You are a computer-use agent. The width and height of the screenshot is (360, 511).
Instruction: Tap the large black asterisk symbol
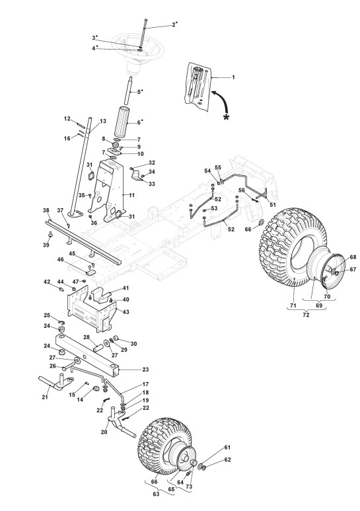pos(226,117)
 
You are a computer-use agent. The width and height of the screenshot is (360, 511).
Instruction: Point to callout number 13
pos(103,121)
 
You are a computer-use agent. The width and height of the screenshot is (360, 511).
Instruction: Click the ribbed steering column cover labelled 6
pos(122,122)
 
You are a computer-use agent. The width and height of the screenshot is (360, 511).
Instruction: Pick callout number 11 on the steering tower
pos(132,195)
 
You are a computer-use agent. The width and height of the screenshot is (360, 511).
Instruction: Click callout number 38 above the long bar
pos(46,210)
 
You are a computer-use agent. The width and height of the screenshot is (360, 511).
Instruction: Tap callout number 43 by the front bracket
pos(126,312)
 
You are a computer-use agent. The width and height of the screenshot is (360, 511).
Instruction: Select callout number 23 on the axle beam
pos(145,370)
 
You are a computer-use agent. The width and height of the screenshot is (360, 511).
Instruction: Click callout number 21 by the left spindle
pos(45,397)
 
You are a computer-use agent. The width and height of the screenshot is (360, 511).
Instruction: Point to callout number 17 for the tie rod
pos(145,384)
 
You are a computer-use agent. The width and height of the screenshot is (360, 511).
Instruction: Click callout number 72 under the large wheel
pos(306,315)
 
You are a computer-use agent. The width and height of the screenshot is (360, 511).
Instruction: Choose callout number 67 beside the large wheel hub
pos(344,269)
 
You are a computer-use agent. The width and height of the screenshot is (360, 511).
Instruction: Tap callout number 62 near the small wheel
pos(227,460)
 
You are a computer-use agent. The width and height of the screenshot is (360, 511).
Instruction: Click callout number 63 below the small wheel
pos(156,494)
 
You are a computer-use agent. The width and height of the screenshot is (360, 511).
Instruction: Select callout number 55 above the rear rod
pos(218,167)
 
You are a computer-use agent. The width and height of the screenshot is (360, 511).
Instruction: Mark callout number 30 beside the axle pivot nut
pos(133,344)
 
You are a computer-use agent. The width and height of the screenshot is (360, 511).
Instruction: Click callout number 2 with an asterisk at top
pos(175,24)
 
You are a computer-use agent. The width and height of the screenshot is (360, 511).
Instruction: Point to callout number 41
pos(126,288)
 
